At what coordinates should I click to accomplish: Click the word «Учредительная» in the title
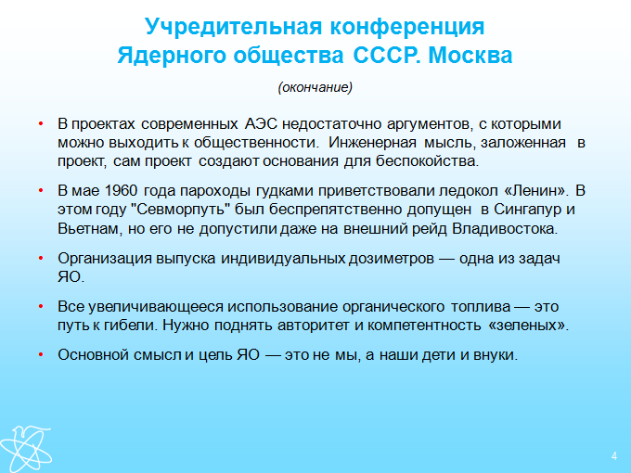(x=234, y=27)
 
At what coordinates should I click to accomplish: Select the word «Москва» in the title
(x=470, y=56)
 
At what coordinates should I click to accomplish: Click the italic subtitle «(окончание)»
(x=315, y=87)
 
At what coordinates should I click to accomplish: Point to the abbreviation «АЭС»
(x=261, y=124)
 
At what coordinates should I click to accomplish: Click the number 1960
(x=121, y=191)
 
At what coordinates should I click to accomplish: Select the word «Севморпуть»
(x=184, y=210)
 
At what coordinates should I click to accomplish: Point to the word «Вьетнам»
(x=89, y=229)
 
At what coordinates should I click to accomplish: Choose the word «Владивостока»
(x=504, y=229)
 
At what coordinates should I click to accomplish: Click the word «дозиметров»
(x=391, y=258)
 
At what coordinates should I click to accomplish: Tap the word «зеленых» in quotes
(x=527, y=325)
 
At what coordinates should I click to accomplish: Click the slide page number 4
(x=614, y=456)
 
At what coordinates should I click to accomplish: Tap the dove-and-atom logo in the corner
(x=25, y=449)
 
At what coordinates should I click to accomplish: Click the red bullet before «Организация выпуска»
(x=41, y=258)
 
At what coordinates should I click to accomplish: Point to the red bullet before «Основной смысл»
(x=41, y=354)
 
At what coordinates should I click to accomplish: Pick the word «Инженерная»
(x=372, y=143)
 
